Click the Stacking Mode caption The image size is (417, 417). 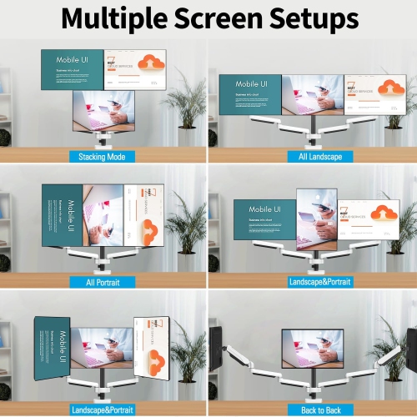pyautogui.click(x=103, y=157)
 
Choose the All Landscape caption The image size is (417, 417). pyautogui.click(x=314, y=157)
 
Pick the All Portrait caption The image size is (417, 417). pyautogui.click(x=103, y=282)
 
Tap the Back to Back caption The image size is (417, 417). pyautogui.click(x=314, y=409)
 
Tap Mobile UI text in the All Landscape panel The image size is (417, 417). pyautogui.click(x=252, y=84)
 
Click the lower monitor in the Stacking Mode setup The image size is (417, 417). pyautogui.click(x=103, y=110)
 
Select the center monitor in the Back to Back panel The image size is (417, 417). pyautogui.click(x=312, y=351)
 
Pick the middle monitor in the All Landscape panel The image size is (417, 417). pyautogui.click(x=312, y=96)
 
